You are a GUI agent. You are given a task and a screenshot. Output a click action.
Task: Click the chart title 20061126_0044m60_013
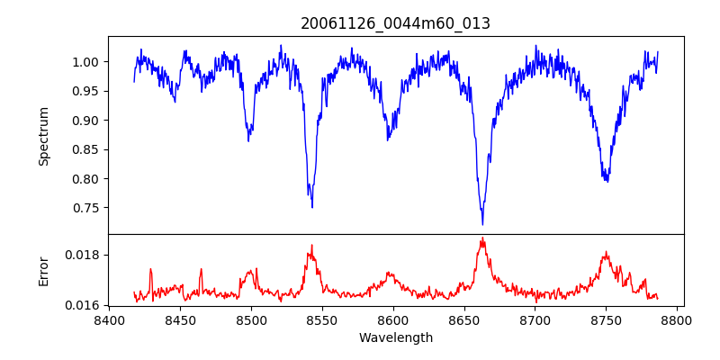(x=395, y=23)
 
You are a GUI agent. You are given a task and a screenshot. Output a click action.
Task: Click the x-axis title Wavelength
(x=395, y=338)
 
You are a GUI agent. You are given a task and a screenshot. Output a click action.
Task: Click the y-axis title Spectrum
(x=43, y=136)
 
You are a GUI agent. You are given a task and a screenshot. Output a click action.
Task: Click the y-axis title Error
(x=43, y=270)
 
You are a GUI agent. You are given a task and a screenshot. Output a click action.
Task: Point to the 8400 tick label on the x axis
(x=109, y=319)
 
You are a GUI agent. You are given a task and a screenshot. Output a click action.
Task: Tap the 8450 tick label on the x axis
(x=180, y=319)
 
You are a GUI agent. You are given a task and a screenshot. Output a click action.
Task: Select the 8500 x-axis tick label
(x=251, y=319)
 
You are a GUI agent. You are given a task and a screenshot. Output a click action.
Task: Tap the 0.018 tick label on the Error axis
(x=85, y=255)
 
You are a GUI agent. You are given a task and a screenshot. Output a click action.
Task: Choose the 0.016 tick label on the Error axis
(x=85, y=305)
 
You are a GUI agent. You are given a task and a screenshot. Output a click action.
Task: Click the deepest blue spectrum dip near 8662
(x=482, y=223)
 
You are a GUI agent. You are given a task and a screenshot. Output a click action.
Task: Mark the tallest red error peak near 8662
(x=482, y=238)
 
